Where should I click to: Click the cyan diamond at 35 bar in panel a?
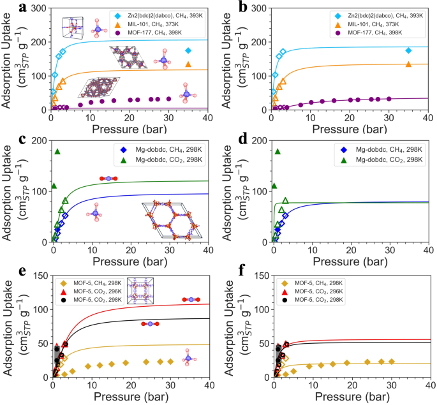(188, 50)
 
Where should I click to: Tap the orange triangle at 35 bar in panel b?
(408, 64)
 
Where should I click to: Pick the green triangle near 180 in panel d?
(278, 151)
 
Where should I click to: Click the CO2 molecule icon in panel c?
(108, 179)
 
